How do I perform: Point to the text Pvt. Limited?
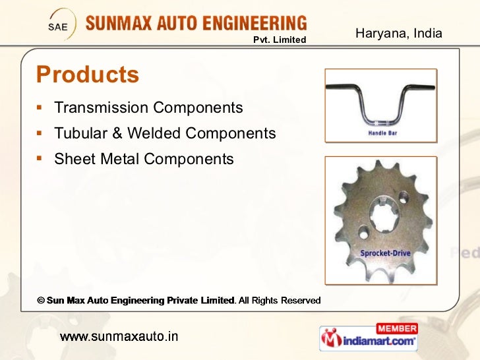coord(280,40)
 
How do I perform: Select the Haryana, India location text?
coord(398,33)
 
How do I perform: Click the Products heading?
coord(88,75)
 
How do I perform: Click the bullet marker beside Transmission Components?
coord(41,107)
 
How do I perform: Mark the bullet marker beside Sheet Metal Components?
coord(41,158)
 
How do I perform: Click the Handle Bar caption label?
coord(382,133)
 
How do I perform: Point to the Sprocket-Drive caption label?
coord(386,253)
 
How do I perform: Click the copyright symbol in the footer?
coord(40,301)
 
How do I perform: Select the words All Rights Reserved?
coord(280,301)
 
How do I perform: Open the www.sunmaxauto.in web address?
coord(119,337)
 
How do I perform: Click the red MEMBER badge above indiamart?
coord(396,328)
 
